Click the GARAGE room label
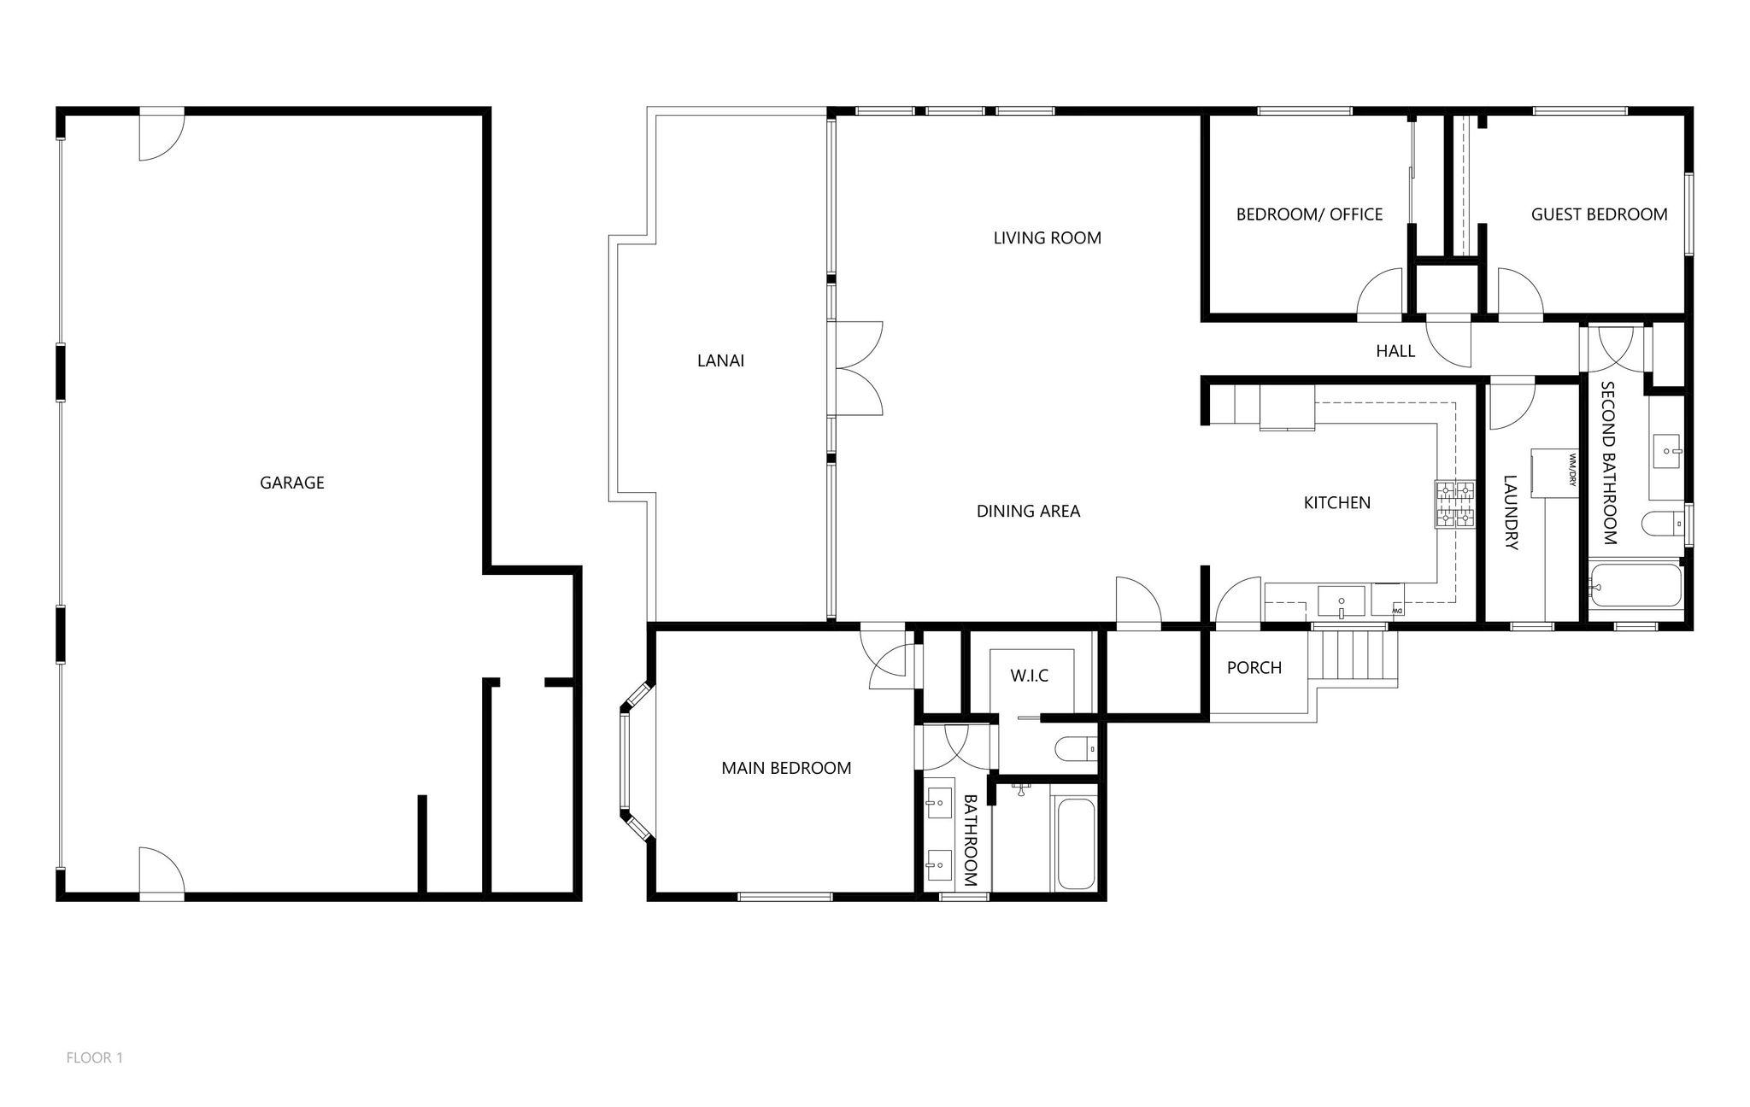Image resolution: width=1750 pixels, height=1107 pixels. (x=291, y=483)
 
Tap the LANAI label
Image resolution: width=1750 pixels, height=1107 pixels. (x=720, y=360)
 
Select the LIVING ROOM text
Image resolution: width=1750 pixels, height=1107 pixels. (x=1047, y=238)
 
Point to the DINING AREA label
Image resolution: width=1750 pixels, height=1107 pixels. (x=1028, y=512)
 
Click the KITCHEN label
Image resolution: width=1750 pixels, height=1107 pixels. (x=1336, y=503)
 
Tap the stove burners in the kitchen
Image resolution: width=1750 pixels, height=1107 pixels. (x=1454, y=503)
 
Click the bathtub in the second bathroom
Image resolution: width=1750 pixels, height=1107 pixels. (x=1635, y=585)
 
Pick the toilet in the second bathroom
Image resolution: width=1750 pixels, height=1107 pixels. (x=1661, y=522)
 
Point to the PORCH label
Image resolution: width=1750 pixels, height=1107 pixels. (x=1254, y=668)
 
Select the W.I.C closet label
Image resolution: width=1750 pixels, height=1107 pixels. (x=1029, y=676)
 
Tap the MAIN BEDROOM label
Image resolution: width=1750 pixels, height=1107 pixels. (x=786, y=768)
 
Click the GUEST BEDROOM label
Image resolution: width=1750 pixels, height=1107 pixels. (x=1599, y=214)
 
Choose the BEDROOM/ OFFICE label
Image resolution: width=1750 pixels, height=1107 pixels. (x=1309, y=214)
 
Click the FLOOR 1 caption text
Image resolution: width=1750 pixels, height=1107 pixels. (x=95, y=1057)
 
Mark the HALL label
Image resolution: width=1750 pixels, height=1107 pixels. (x=1395, y=351)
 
